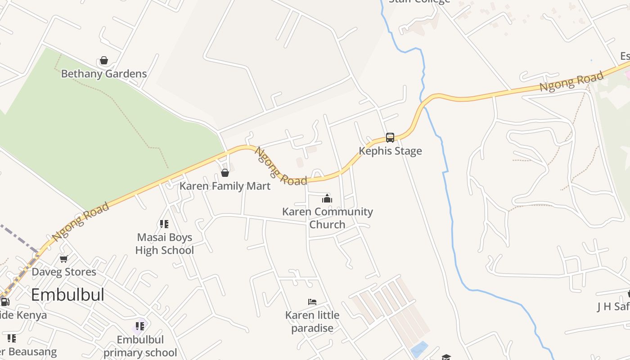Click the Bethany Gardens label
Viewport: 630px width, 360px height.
click(103, 73)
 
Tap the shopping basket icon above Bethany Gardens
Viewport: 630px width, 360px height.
click(104, 60)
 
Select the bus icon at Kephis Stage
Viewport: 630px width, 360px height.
click(390, 138)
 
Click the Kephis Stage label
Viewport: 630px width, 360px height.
click(390, 151)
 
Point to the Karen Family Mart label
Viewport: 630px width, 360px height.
click(225, 186)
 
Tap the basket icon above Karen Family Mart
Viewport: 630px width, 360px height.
click(225, 173)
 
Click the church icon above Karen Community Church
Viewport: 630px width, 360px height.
click(327, 198)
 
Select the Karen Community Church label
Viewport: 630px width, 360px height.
click(327, 218)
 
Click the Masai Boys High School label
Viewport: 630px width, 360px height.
click(165, 243)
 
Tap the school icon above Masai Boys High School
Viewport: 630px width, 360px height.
click(164, 224)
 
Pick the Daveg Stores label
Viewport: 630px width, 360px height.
click(64, 272)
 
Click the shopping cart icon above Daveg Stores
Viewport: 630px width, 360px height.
click(64, 259)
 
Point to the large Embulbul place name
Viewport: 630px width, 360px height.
click(67, 295)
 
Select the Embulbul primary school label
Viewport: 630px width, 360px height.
click(140, 346)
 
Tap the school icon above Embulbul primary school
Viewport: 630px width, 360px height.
click(140, 326)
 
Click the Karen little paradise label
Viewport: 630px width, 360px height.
click(312, 321)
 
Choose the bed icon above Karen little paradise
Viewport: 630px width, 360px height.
click(312, 301)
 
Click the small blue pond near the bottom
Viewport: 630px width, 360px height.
click(419, 349)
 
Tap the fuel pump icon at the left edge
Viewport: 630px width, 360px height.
click(4, 302)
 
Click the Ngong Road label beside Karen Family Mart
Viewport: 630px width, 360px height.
click(281, 166)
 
